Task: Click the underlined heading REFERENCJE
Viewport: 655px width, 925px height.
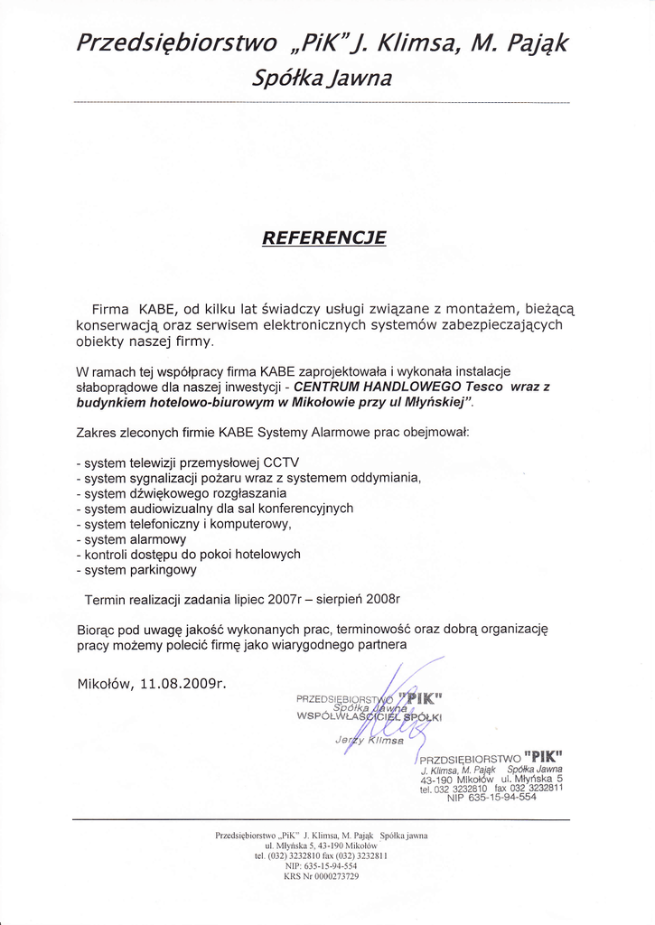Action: tap(323, 238)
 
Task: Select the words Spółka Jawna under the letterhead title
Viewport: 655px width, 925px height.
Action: tap(322, 79)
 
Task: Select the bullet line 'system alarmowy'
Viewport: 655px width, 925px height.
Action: tap(131, 539)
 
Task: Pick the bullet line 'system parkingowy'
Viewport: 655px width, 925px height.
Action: tap(136, 570)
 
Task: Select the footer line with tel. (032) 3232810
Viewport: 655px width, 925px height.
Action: tap(321, 855)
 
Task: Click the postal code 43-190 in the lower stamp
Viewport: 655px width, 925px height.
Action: tap(437, 779)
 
